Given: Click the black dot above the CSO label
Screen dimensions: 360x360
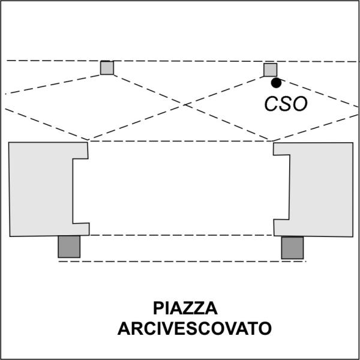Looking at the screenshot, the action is pyautogui.click(x=276, y=83).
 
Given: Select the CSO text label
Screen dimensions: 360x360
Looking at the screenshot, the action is pyautogui.click(x=286, y=104).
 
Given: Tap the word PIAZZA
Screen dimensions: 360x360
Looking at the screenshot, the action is pyautogui.click(x=185, y=308).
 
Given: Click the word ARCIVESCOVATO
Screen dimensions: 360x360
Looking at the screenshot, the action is pyautogui.click(x=194, y=329).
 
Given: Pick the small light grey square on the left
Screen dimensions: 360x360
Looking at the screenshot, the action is pyautogui.click(x=107, y=68).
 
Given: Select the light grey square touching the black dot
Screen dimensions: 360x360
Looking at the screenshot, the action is pyautogui.click(x=271, y=70).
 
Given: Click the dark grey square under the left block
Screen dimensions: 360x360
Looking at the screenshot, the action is pyautogui.click(x=69, y=247).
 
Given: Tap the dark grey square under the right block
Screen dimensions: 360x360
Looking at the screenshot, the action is pyautogui.click(x=293, y=248).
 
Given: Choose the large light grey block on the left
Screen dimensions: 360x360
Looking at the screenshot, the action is pyautogui.click(x=41, y=189).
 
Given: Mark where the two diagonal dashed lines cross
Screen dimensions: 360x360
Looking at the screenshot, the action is pyautogui.click(x=184, y=105).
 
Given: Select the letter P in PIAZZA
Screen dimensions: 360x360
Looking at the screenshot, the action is pyautogui.click(x=158, y=308).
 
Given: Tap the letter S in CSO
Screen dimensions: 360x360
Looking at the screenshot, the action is pyautogui.click(x=286, y=104).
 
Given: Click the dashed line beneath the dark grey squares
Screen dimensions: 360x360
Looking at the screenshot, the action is pyautogui.click(x=182, y=261).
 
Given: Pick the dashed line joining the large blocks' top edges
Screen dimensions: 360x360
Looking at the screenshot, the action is pyautogui.click(x=181, y=141).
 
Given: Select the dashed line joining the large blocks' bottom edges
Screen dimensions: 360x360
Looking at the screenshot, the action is pyautogui.click(x=181, y=235).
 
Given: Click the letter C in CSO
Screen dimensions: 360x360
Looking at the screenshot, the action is pyautogui.click(x=272, y=104).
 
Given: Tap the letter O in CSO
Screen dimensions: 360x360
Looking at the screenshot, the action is pyautogui.click(x=300, y=104).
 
